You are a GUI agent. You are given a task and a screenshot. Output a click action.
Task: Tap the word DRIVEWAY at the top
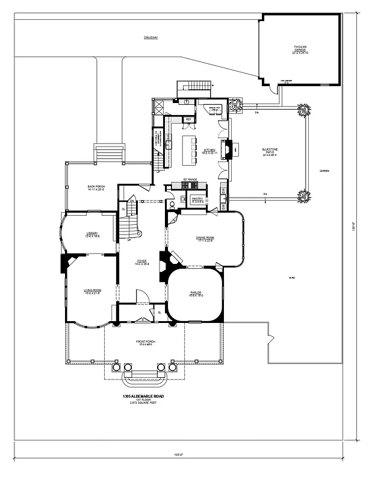click(150, 38)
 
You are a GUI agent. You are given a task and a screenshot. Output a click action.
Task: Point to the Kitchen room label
click(209, 151)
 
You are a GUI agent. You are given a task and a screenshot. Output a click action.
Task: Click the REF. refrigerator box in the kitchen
click(188, 119)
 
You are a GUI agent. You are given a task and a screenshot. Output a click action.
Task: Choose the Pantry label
click(197, 199)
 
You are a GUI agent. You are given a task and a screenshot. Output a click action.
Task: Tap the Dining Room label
click(205, 239)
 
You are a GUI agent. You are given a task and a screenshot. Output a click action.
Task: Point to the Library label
click(91, 234)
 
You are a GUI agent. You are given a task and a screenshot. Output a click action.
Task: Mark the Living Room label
click(92, 292)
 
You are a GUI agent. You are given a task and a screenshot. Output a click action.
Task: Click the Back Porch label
click(96, 188)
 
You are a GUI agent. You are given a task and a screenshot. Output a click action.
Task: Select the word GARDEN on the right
click(324, 171)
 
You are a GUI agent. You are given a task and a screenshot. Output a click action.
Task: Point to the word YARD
click(291, 278)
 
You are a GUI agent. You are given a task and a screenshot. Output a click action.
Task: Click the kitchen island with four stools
click(190, 150)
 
